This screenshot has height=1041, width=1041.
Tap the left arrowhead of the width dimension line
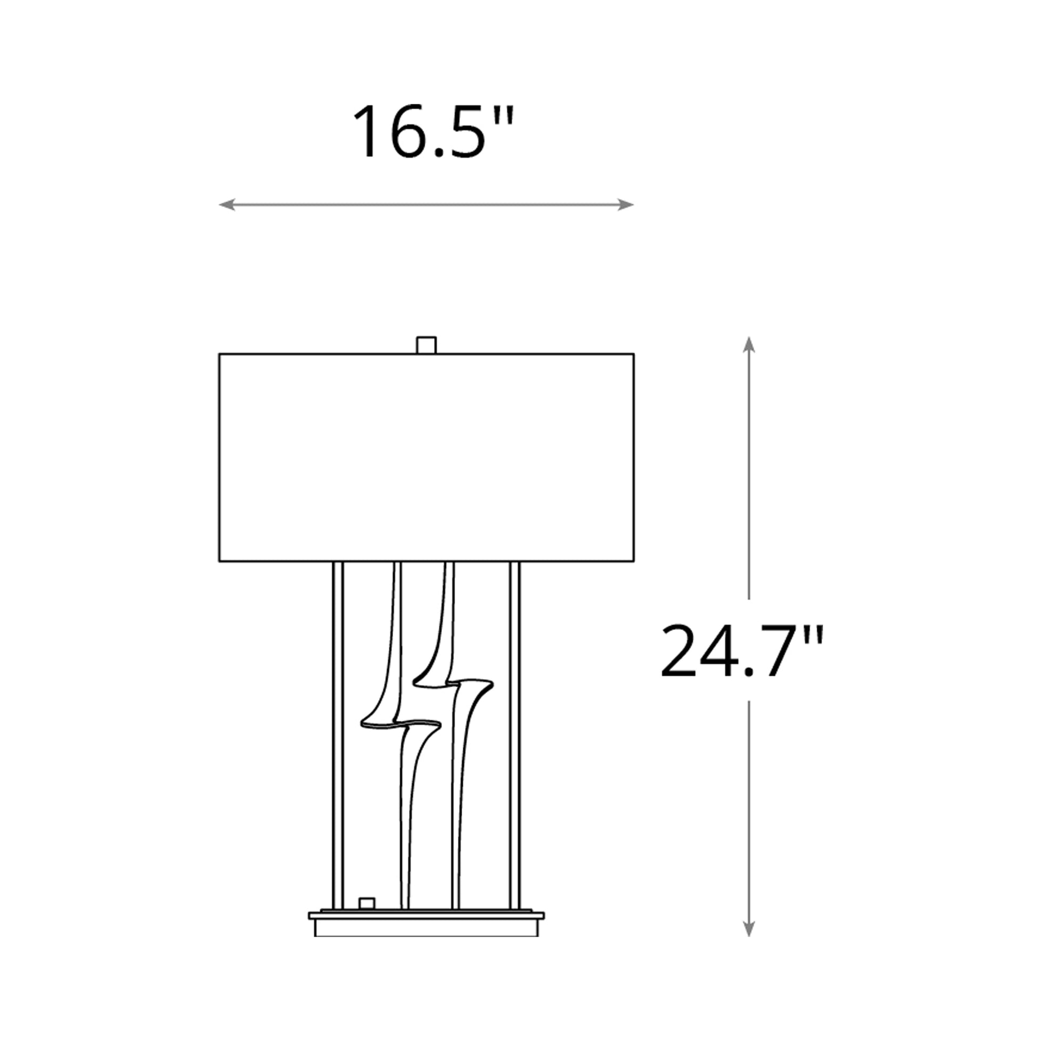point(227,205)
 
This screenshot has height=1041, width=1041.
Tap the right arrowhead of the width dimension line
point(625,205)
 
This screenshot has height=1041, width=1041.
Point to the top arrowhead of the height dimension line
point(748,345)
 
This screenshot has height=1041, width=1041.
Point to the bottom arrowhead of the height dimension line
point(748,928)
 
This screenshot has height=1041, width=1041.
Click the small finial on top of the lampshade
point(426,345)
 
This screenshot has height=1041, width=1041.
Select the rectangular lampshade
point(426,457)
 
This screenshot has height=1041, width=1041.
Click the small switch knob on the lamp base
point(366,902)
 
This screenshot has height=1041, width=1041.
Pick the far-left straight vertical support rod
point(338,733)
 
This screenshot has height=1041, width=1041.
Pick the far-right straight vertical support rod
point(515,733)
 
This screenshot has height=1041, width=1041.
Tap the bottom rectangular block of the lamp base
point(426,928)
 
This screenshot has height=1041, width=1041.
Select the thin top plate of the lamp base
point(426,915)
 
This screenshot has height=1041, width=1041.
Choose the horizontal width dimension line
point(426,205)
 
